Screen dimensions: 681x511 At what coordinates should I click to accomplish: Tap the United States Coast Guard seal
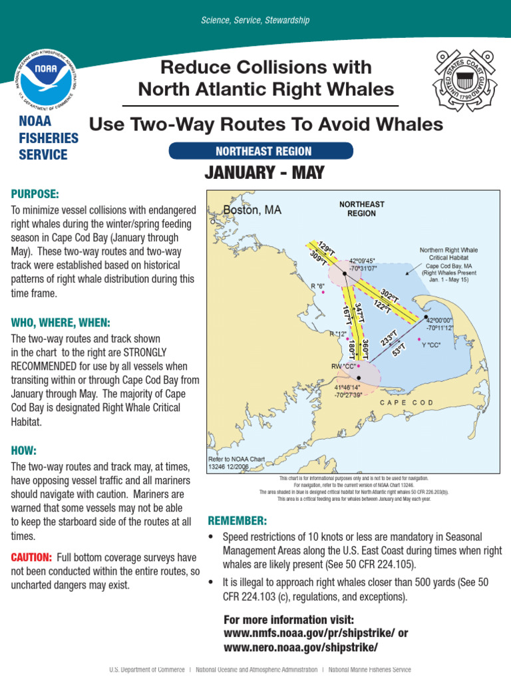[x=465, y=80]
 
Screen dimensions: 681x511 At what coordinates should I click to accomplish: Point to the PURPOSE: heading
[x=35, y=194]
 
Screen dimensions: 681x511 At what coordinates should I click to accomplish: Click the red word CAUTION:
[x=31, y=557]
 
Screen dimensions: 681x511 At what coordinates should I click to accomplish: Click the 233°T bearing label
[x=389, y=338]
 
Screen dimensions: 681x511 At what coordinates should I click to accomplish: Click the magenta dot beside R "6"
[x=323, y=291]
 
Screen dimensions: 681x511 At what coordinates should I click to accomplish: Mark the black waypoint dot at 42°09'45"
[x=344, y=273]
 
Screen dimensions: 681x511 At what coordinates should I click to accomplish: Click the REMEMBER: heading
[x=238, y=520]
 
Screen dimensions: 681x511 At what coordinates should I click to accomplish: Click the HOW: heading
[x=24, y=450]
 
